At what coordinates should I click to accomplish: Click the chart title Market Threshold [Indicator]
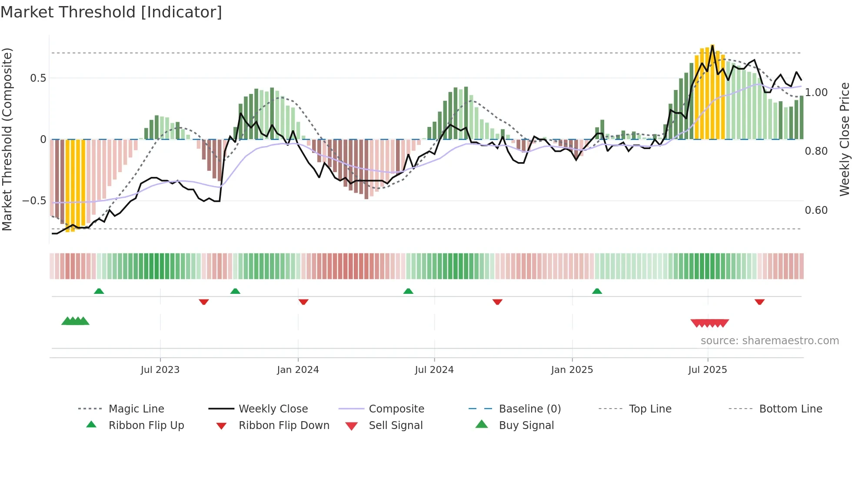click(111, 12)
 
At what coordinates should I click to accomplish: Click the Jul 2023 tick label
click(160, 370)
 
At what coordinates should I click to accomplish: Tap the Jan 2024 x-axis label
click(298, 370)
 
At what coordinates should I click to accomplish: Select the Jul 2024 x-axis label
click(434, 370)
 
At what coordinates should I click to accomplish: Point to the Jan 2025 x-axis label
click(572, 370)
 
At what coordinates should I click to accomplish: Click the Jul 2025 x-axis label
click(707, 370)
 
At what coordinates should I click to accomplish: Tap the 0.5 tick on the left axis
click(38, 78)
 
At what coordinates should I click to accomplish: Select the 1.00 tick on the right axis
click(816, 93)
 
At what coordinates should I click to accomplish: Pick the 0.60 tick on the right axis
click(816, 210)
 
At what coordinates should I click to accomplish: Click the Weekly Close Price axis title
click(844, 139)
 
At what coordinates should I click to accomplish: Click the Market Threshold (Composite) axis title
click(7, 139)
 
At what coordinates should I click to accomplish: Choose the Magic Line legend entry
click(136, 409)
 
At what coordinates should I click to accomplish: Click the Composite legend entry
click(396, 409)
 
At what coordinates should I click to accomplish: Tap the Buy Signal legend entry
click(526, 426)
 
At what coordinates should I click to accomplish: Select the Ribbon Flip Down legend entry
click(284, 426)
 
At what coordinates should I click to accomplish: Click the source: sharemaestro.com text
click(769, 341)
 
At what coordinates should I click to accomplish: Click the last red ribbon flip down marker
click(759, 302)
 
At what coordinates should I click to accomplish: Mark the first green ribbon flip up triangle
click(99, 291)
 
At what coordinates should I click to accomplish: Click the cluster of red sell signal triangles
click(709, 323)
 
